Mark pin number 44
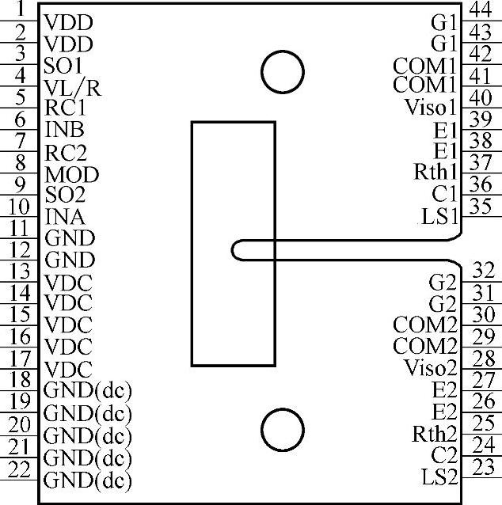click(479, 9)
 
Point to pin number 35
click(479, 208)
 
